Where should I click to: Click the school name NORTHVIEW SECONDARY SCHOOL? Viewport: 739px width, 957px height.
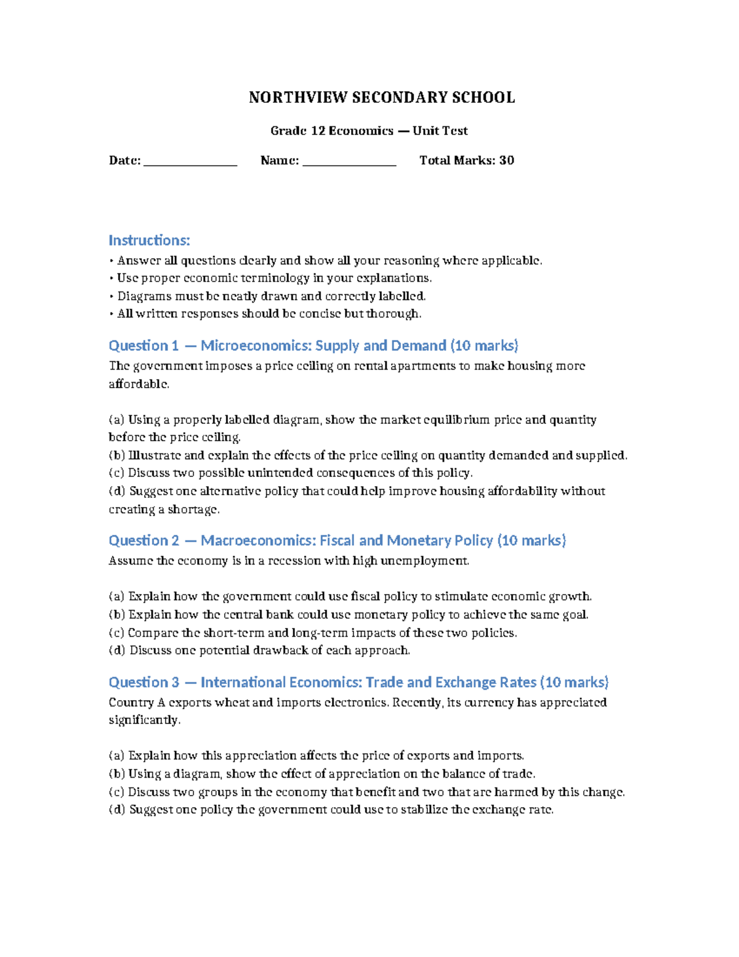tap(381, 97)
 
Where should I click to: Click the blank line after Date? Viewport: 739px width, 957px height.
tap(190, 161)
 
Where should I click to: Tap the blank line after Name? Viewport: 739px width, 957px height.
tap(349, 161)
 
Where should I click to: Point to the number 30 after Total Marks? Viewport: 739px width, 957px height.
tap(506, 160)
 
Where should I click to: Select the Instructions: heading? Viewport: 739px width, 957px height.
tap(149, 240)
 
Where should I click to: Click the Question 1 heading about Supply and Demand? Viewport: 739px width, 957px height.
tap(313, 346)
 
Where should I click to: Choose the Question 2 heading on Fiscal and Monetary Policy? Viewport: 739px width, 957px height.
tap(337, 540)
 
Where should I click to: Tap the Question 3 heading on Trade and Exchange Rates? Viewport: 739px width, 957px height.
tap(358, 682)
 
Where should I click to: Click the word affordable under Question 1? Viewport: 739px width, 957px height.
tap(138, 384)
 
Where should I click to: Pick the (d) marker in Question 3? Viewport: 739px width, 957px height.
tap(117, 810)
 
